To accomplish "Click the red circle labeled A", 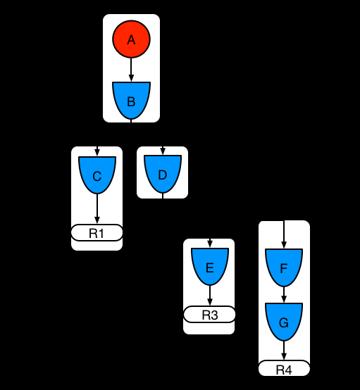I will click(131, 40).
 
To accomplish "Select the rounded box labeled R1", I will click(97, 233).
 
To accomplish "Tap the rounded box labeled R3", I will click(209, 314).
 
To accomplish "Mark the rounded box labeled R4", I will click(284, 369).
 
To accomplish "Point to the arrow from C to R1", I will click(97, 210).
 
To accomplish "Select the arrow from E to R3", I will click(209, 296).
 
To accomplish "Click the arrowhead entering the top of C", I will click(97, 153).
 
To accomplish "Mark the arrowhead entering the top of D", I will click(163, 152).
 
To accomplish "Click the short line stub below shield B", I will click(131, 120).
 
